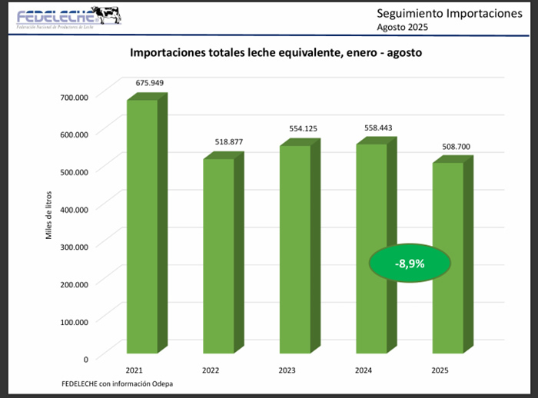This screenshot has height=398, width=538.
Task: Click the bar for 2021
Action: coord(142,227)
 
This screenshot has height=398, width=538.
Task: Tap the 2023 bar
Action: coord(294,249)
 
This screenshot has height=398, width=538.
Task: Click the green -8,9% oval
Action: coord(410,264)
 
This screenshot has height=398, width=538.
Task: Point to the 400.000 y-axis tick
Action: coord(75,208)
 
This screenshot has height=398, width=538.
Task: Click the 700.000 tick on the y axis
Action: coord(75,97)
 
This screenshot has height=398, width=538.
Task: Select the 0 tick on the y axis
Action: coord(86,358)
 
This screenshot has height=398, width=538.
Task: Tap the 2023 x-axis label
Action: coord(287,370)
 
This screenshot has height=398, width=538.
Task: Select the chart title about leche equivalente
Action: coord(276,54)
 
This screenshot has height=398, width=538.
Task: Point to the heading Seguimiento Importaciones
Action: coord(439,13)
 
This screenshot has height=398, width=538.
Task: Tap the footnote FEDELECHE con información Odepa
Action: coord(113,383)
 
